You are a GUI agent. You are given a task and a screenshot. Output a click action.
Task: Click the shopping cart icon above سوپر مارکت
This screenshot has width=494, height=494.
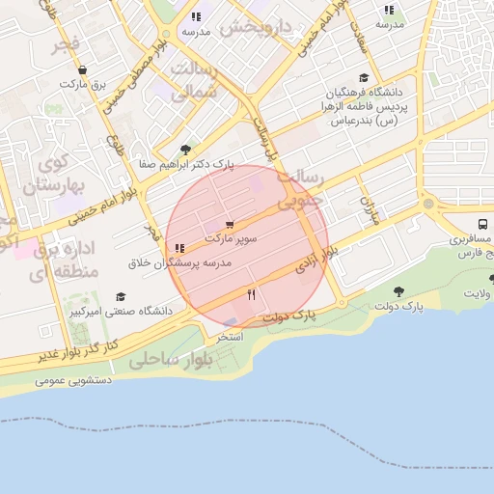(229, 224)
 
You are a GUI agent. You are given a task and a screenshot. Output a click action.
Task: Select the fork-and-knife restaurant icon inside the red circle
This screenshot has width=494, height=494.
(252, 295)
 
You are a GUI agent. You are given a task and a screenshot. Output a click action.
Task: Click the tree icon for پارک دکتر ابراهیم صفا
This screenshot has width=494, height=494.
(184, 149)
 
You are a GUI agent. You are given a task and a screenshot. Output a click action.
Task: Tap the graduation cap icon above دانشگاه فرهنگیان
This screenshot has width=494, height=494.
(363, 78)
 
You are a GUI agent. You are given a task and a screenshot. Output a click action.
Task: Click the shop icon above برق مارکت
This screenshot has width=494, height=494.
(82, 69)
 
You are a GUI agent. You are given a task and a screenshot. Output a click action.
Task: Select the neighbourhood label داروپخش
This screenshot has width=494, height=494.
(255, 27)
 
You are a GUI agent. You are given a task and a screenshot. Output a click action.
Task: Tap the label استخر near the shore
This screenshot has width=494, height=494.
(229, 337)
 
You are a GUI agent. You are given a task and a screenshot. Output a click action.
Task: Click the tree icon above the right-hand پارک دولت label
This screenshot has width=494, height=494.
(398, 290)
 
